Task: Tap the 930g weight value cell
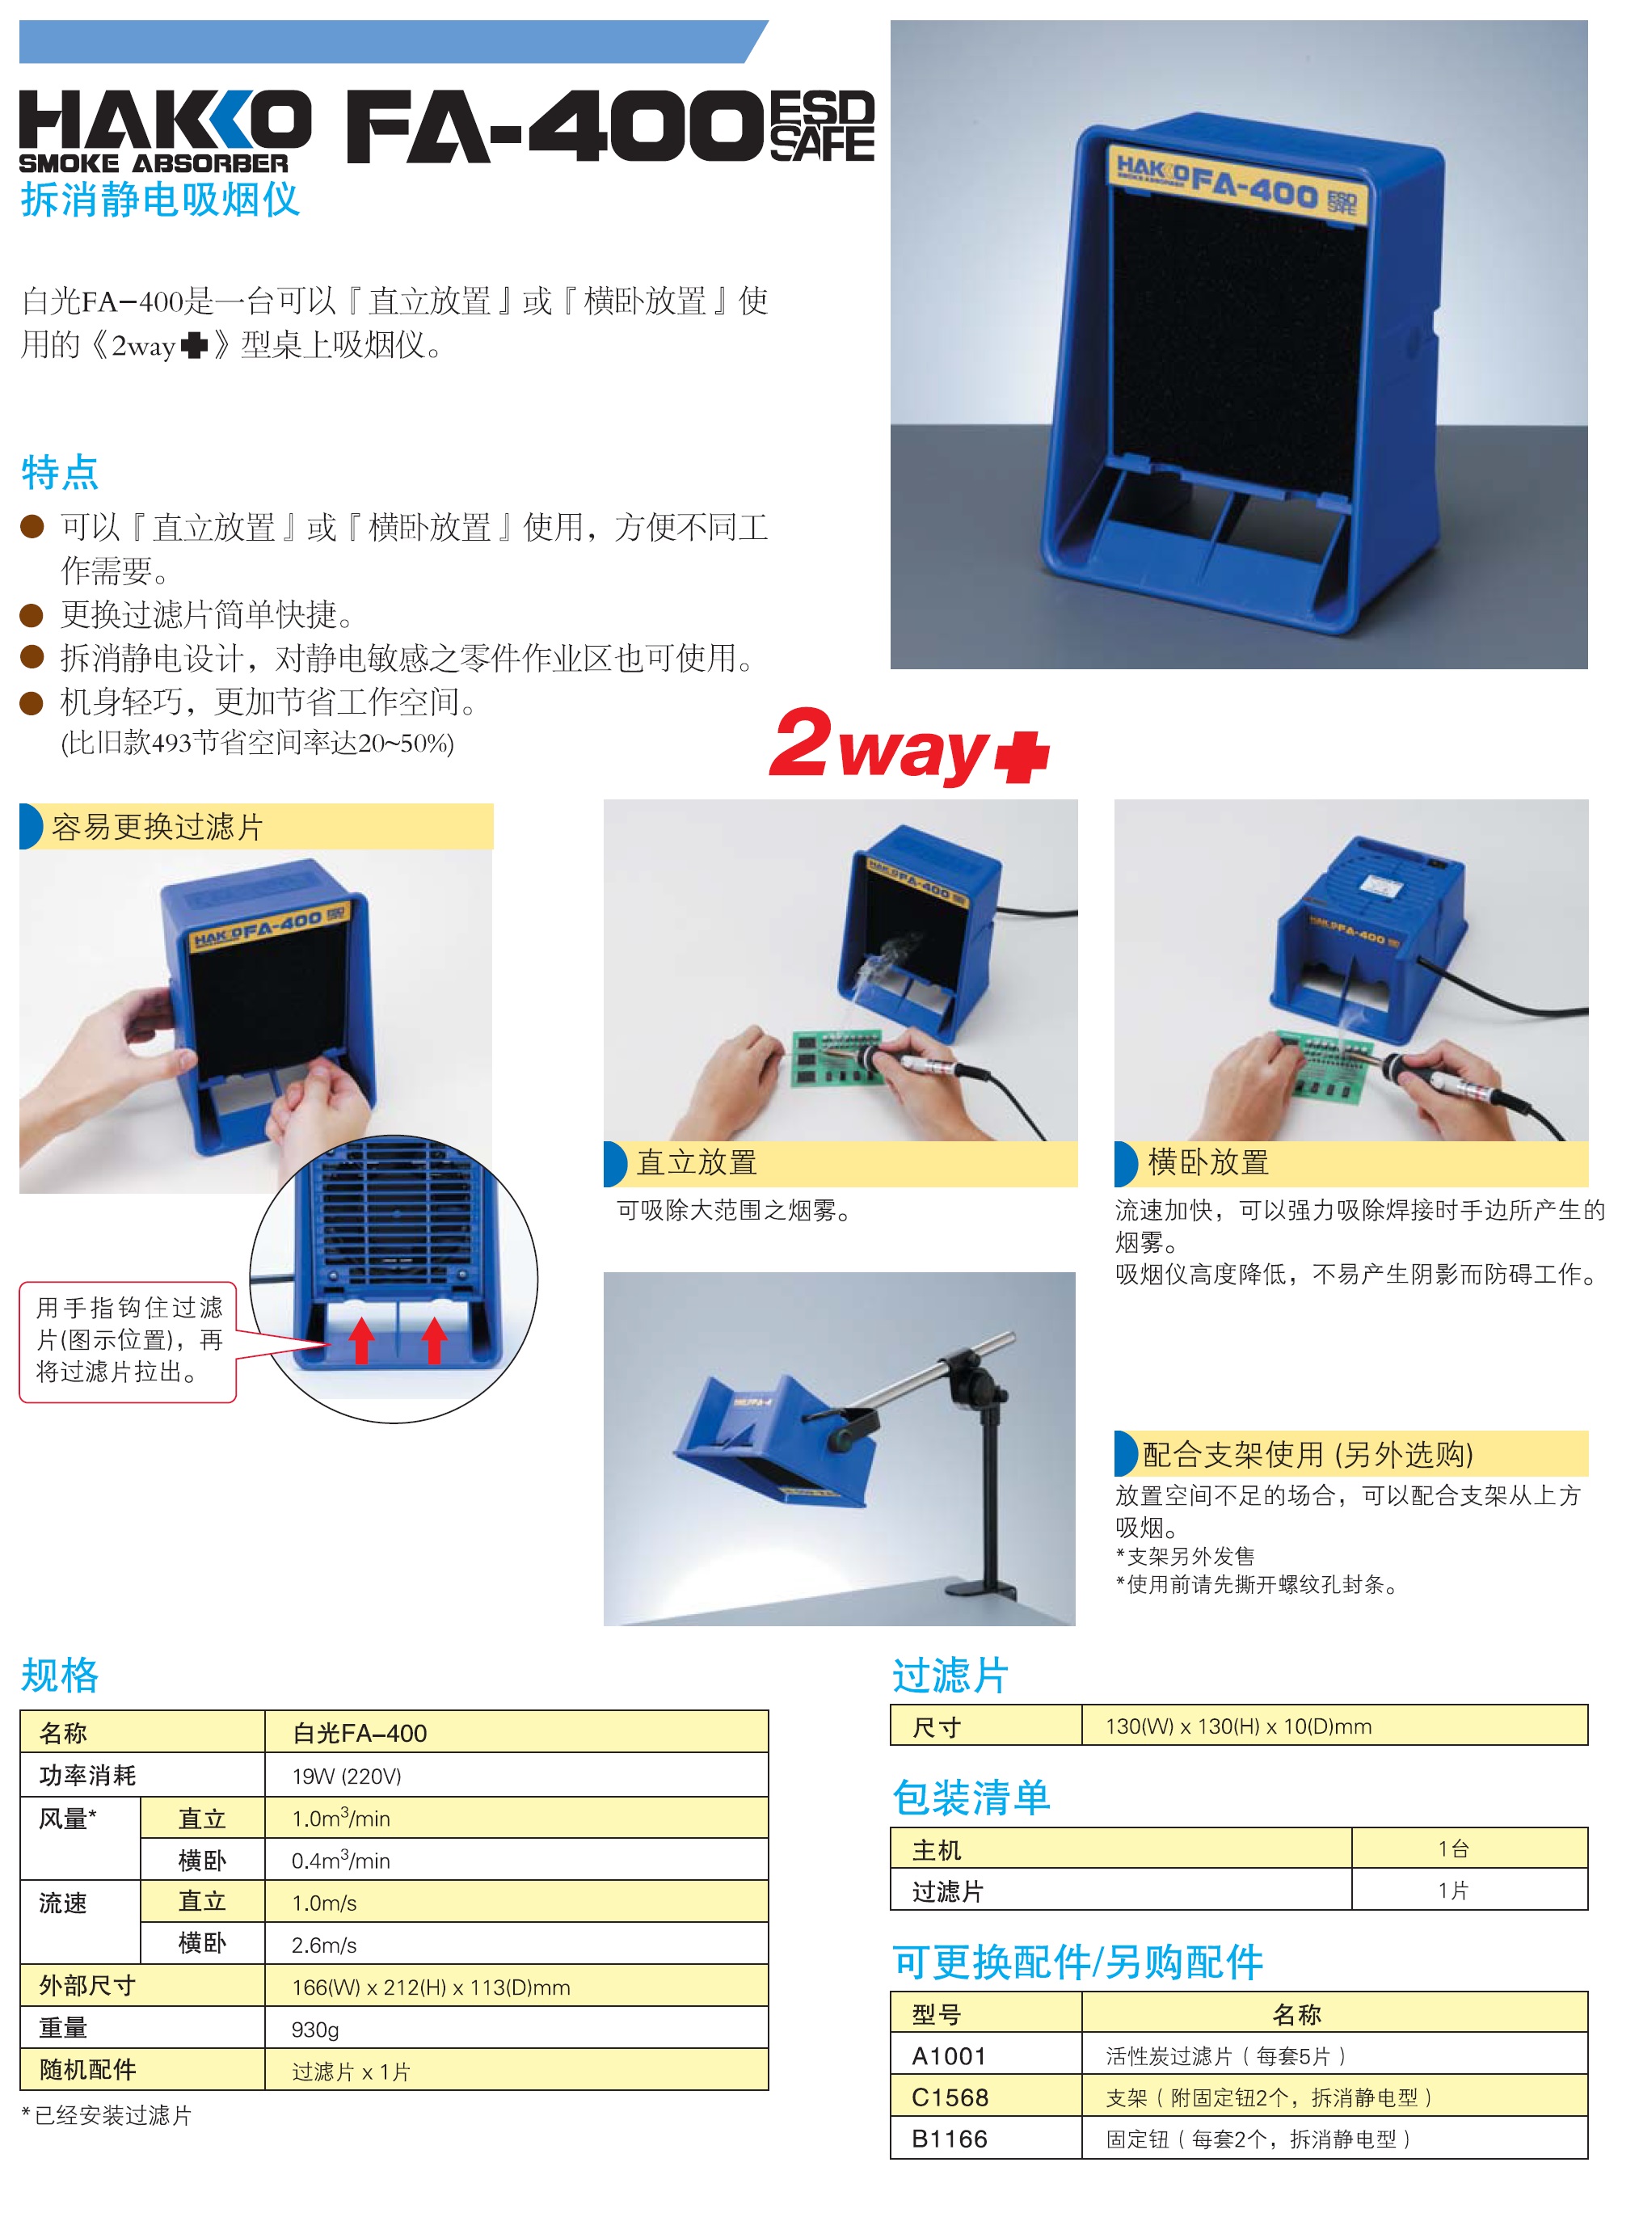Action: click(x=315, y=2030)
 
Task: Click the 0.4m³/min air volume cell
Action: click(x=340, y=1860)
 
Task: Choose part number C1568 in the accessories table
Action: click(x=950, y=2097)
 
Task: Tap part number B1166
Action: click(x=950, y=2139)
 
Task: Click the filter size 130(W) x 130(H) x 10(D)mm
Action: click(x=1238, y=1726)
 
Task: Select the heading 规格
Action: click(x=60, y=1676)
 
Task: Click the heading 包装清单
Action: click(x=971, y=1798)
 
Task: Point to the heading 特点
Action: click(x=60, y=472)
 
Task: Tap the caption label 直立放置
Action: click(x=697, y=1162)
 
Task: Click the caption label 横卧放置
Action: click(x=1207, y=1162)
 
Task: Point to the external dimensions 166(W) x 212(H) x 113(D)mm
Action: click(x=431, y=1987)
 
